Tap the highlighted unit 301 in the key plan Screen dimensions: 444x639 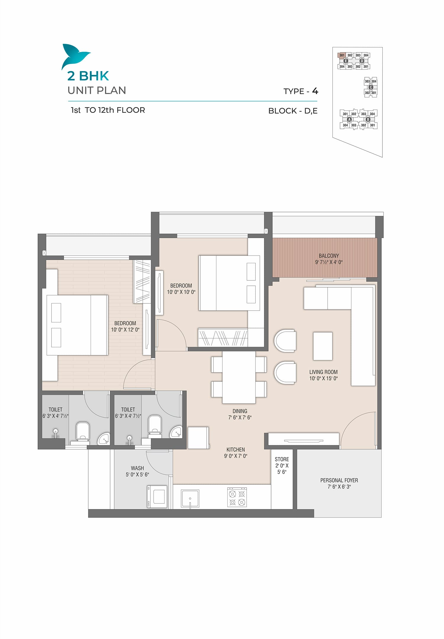[342, 55]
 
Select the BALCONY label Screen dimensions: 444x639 [329, 256]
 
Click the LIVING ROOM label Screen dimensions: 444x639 [323, 372]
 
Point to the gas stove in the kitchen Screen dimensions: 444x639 [237, 498]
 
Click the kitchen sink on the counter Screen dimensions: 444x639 [190, 499]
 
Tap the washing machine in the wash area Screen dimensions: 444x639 [157, 497]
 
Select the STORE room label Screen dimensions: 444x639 [282, 459]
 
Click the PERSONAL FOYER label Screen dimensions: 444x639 [339, 480]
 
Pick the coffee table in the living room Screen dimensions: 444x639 [323, 346]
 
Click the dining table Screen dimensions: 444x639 [239, 377]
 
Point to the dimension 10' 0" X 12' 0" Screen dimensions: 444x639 [125, 330]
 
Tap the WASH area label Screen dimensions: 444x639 [137, 468]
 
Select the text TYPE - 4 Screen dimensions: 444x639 [301, 91]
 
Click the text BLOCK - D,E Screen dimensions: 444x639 [293, 111]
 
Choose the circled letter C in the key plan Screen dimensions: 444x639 [371, 87]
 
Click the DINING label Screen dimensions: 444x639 [240, 411]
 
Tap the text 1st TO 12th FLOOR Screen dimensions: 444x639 [108, 110]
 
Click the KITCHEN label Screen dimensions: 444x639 [236, 449]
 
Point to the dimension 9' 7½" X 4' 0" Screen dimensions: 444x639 [329, 262]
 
